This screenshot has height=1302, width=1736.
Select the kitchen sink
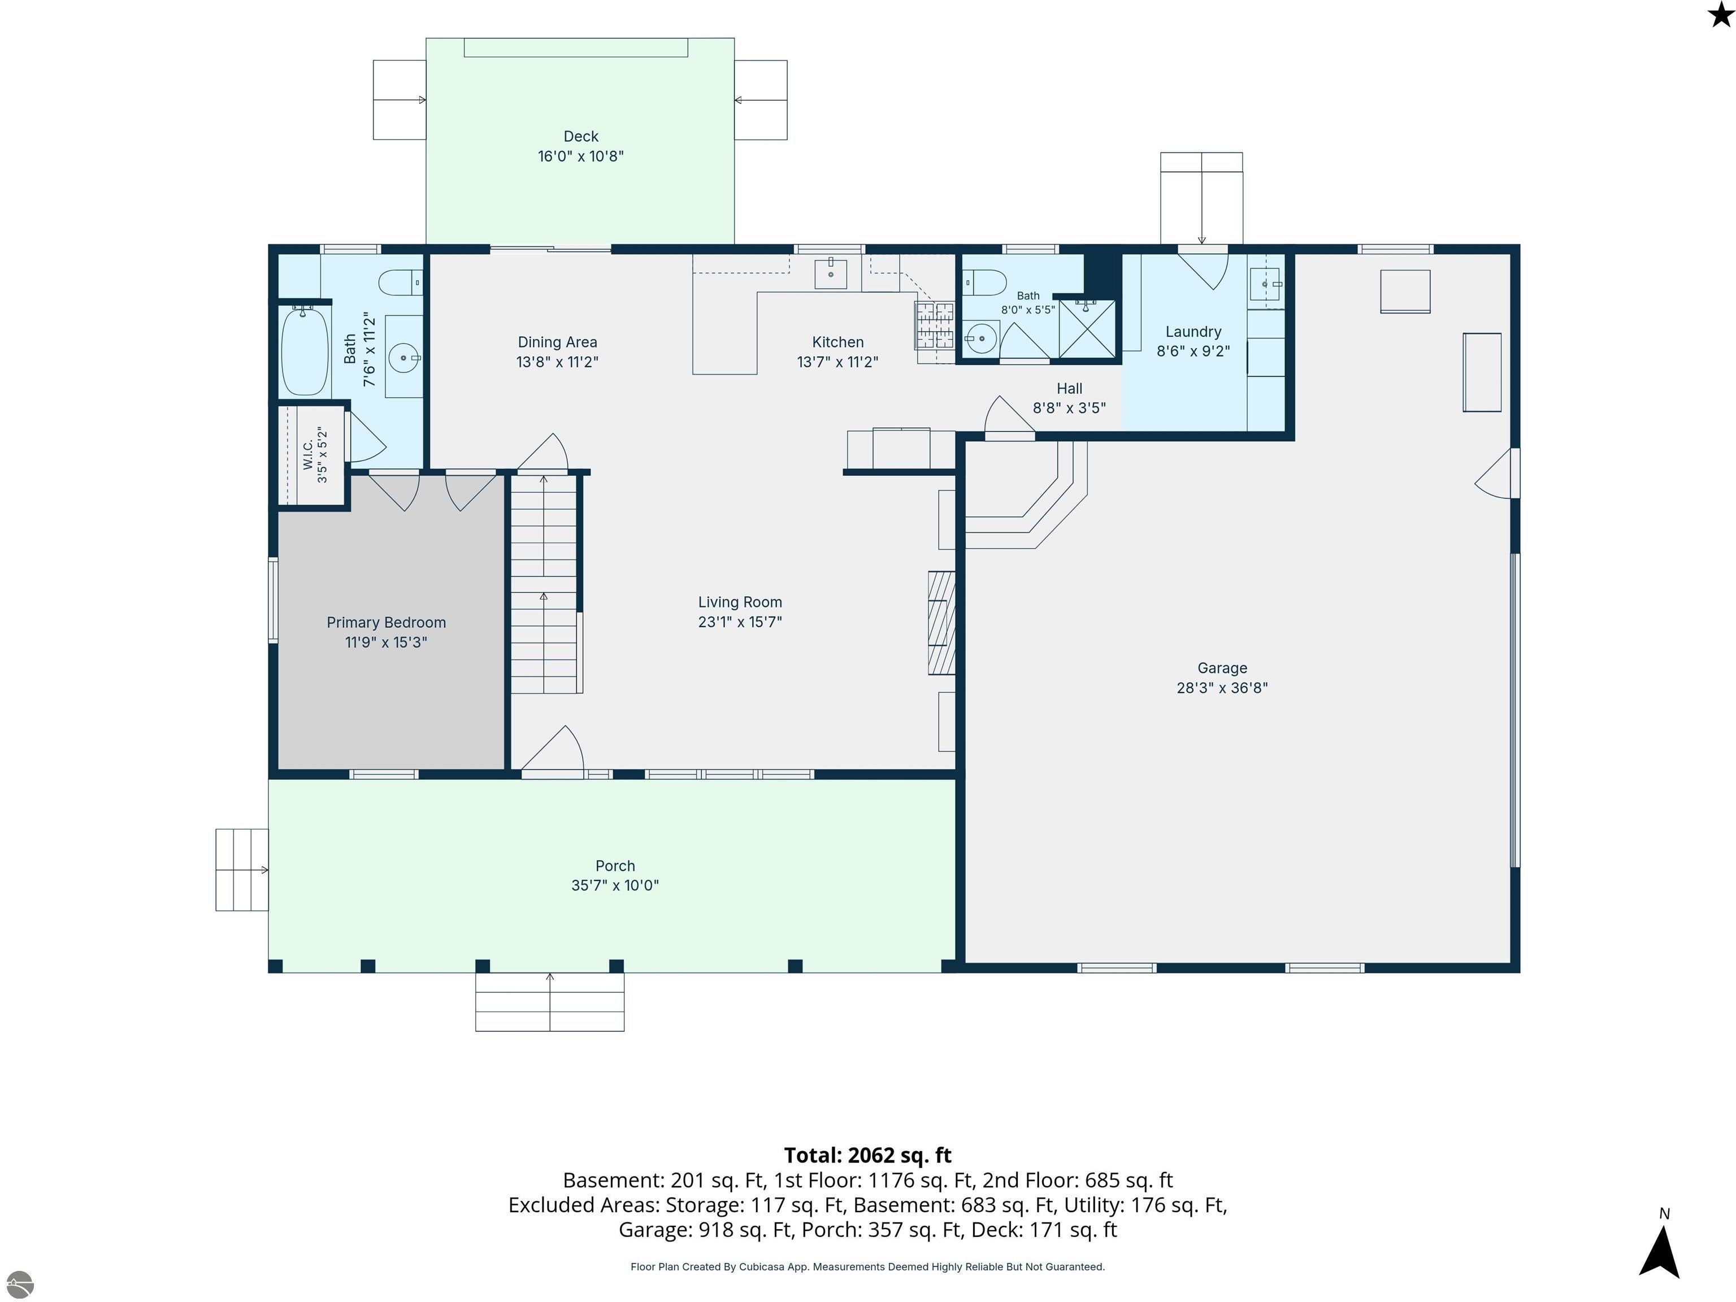tap(830, 272)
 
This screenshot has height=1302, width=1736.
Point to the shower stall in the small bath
tap(1087, 329)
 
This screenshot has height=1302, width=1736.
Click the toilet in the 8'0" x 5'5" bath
tap(984, 281)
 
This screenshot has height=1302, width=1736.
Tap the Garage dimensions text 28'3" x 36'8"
tap(1222, 688)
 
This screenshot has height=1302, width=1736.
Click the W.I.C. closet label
tap(307, 454)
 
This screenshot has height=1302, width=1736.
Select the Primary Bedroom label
tap(386, 622)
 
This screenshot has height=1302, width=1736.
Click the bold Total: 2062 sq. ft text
tap(868, 1155)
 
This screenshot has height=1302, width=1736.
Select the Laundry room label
tap(1193, 332)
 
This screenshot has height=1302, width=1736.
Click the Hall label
tap(1069, 388)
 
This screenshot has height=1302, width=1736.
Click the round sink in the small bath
tap(980, 339)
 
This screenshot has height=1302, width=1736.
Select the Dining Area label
tap(557, 342)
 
